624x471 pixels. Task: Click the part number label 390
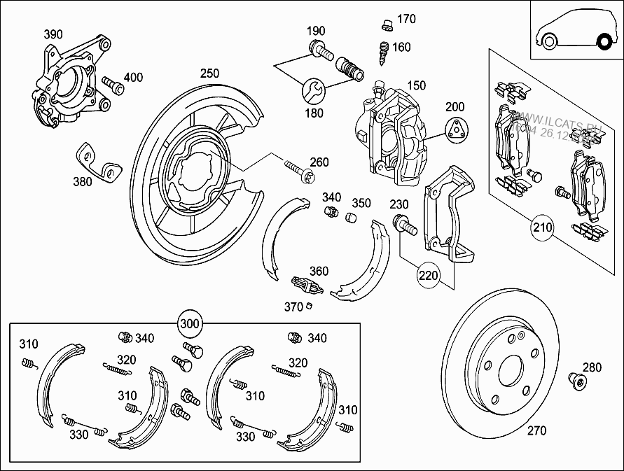(x=53, y=34)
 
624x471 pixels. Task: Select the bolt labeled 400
(x=113, y=85)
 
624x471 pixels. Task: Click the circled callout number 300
(x=190, y=324)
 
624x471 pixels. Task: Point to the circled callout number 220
(x=429, y=275)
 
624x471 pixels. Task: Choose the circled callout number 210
(x=542, y=227)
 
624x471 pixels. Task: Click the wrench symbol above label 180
(x=312, y=90)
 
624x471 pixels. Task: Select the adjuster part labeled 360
(x=305, y=285)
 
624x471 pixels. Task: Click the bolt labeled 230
(x=404, y=225)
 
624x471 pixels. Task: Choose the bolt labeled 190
(x=319, y=49)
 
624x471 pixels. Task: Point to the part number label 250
(x=209, y=73)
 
